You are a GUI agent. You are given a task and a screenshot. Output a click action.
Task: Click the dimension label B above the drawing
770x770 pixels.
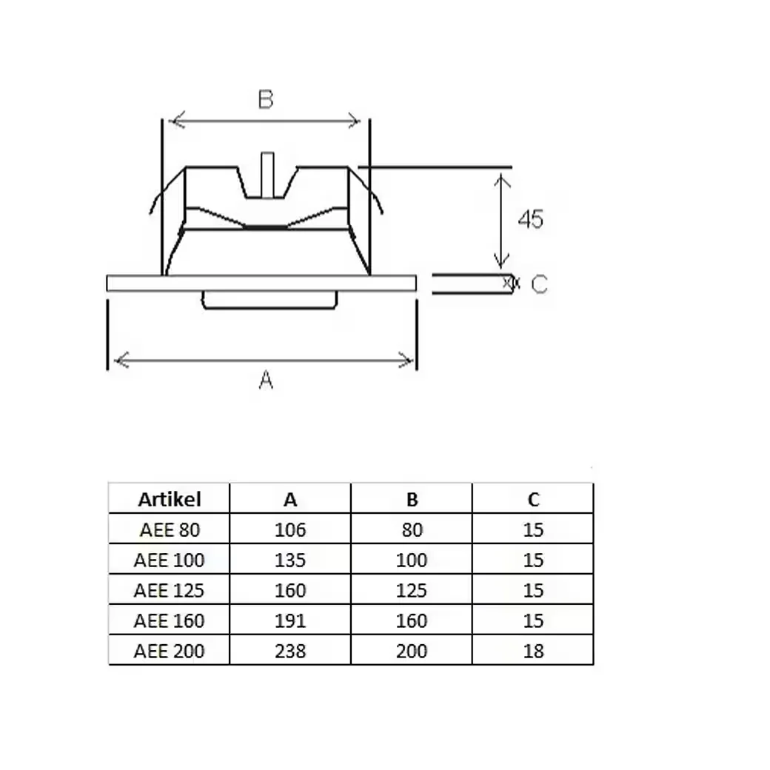[266, 99]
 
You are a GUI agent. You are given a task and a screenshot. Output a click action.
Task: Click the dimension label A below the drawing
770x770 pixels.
[266, 380]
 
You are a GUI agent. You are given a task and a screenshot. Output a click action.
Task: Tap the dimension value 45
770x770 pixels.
[531, 219]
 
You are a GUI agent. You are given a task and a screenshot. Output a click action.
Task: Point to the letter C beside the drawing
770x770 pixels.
[539, 284]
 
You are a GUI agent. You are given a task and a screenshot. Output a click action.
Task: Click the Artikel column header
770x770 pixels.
[170, 500]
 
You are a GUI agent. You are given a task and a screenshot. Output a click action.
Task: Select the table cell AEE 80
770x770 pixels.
[170, 530]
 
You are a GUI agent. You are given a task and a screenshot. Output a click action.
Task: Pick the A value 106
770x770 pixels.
[290, 530]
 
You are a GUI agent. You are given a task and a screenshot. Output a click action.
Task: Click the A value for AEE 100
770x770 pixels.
[290, 560]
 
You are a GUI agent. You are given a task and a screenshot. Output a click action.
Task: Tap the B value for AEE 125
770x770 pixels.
[412, 590]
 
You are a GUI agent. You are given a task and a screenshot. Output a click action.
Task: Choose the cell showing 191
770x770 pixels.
[290, 620]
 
